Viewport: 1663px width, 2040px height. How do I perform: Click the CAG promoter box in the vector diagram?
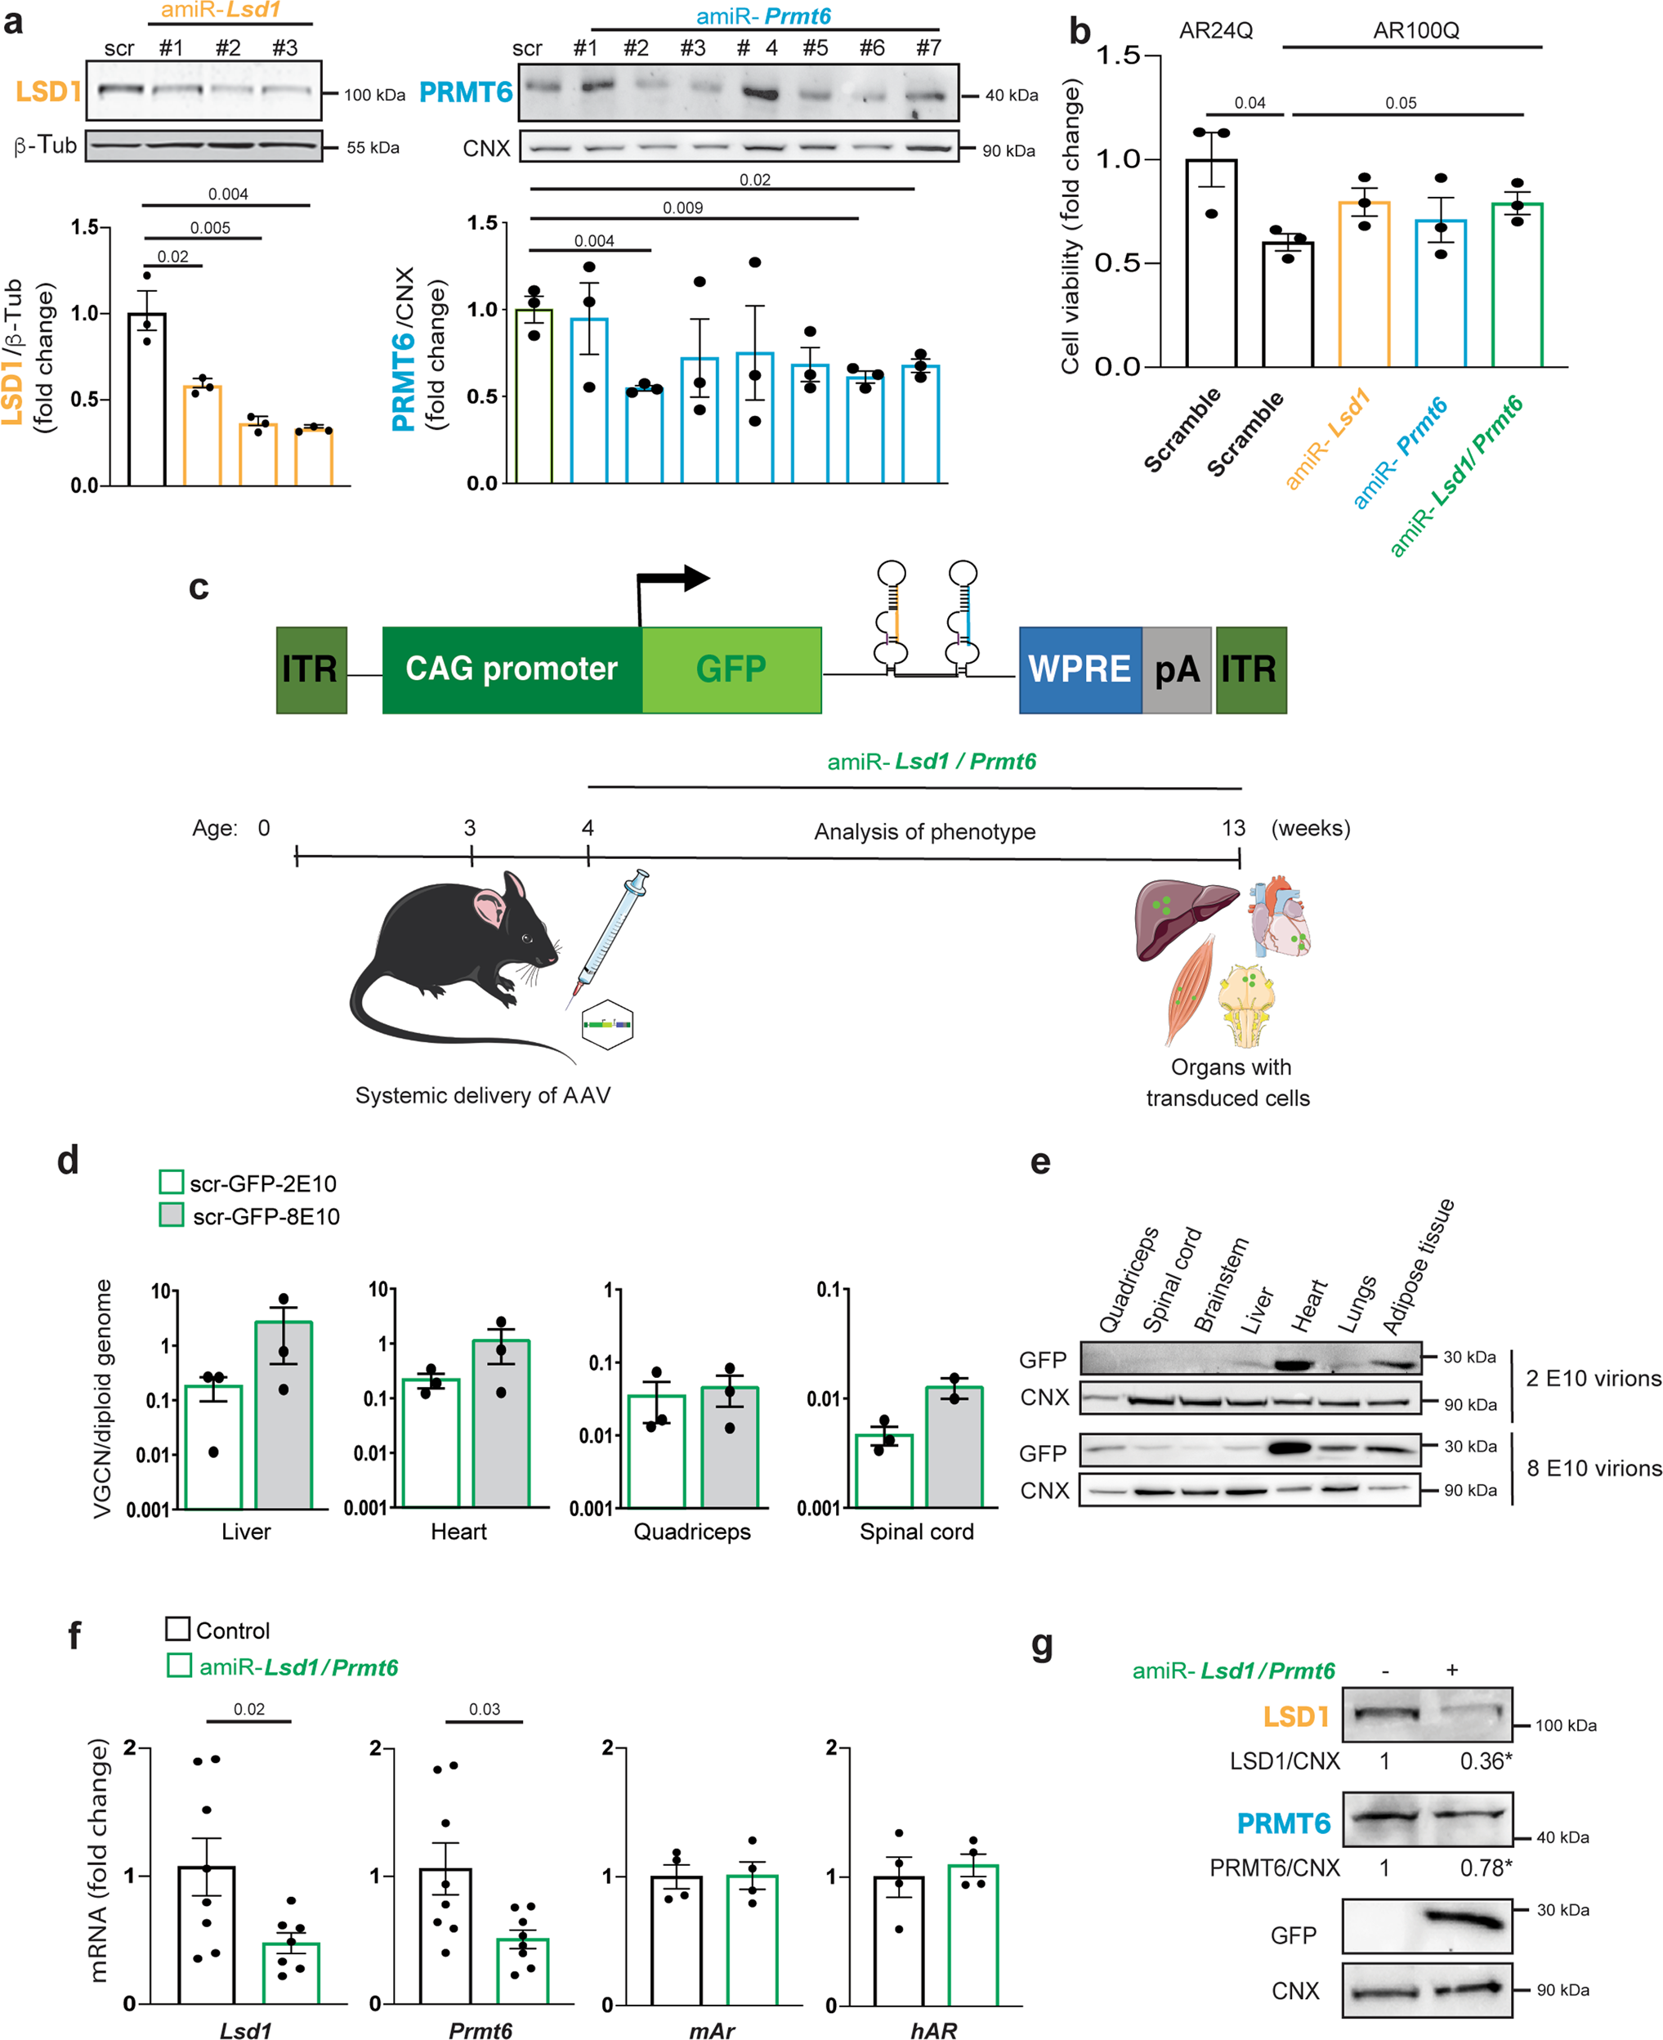tap(512, 669)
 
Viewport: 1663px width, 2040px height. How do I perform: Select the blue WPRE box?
tap(1080, 669)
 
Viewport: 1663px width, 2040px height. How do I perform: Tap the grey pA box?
tap(1177, 669)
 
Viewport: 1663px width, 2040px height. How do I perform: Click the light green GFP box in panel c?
tap(731, 669)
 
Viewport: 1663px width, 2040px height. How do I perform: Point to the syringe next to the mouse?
tap(611, 934)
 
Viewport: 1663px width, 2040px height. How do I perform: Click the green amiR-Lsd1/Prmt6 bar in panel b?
tap(1517, 288)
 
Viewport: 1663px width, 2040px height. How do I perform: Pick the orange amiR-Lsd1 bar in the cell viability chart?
tap(1364, 288)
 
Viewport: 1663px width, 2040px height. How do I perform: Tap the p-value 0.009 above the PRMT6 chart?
tap(683, 208)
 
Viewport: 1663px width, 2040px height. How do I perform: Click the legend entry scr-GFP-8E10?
tap(266, 1216)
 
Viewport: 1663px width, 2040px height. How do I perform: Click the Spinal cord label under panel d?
tap(916, 1531)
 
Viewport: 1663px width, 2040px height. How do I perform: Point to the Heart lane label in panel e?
tap(1308, 1305)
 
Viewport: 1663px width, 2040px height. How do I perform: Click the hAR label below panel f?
tap(933, 2030)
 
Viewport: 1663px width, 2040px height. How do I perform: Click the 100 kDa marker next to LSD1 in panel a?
tap(374, 95)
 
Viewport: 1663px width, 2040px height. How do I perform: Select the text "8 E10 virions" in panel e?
tap(1593, 1467)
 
